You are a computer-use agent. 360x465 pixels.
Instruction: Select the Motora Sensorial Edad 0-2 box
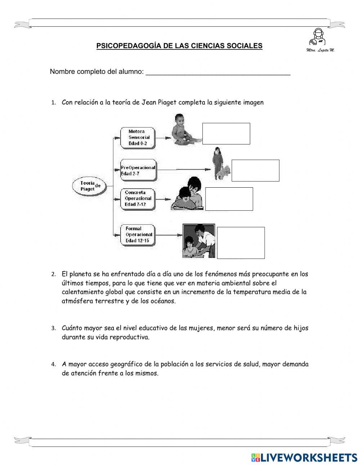138,138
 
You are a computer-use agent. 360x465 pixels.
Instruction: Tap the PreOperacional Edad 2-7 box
138,170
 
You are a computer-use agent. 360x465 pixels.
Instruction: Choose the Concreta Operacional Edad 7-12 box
138,198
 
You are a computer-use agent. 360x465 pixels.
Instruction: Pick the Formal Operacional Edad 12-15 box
138,234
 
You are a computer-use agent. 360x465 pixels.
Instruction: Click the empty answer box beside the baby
226,134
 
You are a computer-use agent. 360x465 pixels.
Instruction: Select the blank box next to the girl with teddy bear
255,170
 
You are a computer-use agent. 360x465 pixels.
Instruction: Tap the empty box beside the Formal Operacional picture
241,243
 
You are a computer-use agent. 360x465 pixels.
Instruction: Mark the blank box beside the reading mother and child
229,199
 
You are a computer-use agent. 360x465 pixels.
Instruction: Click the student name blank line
218,72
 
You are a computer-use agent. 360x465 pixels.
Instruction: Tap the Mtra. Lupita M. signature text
320,50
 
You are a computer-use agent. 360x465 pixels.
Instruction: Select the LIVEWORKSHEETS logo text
308,457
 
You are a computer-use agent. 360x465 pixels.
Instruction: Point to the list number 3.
53,328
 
